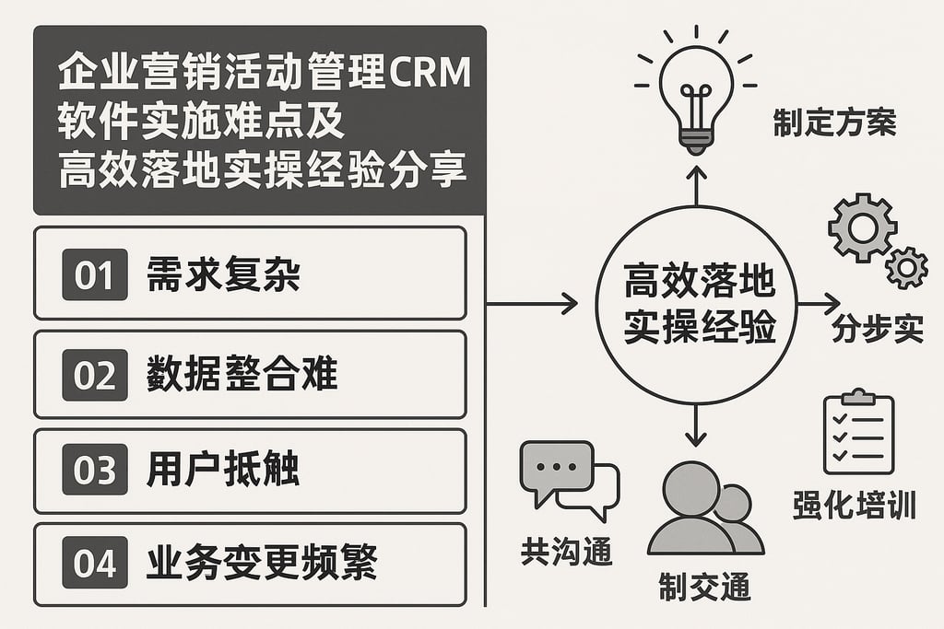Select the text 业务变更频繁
pyautogui.click(x=261, y=563)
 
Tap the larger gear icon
pyautogui.click(x=862, y=227)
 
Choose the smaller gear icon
pyautogui.click(x=906, y=267)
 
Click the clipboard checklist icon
pyautogui.click(x=857, y=432)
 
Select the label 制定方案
pyautogui.click(x=834, y=123)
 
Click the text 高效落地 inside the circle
pyautogui.click(x=698, y=283)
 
